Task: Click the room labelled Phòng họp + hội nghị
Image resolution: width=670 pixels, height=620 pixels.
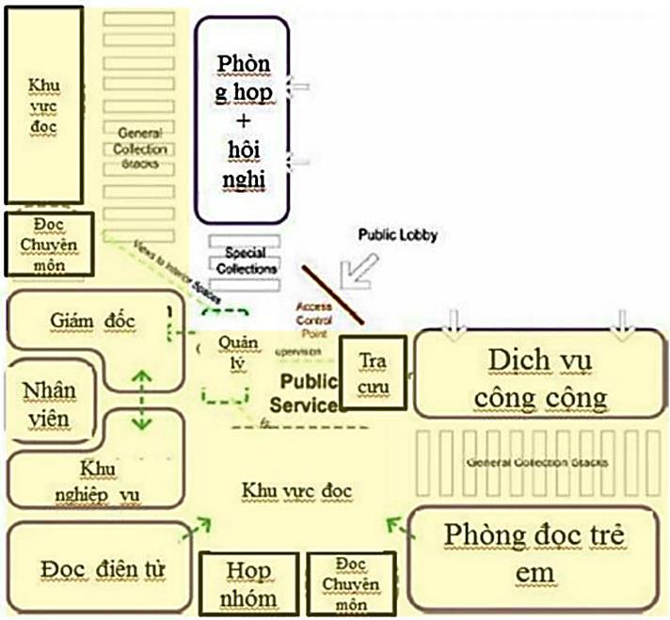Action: tap(242, 119)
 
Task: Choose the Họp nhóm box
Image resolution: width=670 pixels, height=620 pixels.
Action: tap(248, 583)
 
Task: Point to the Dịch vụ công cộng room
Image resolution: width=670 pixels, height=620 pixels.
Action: tap(539, 376)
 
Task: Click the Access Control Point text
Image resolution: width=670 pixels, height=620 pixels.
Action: tap(316, 320)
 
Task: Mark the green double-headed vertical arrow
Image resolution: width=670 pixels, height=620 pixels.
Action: tap(142, 400)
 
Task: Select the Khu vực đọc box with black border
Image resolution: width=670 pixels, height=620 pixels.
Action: tap(42, 104)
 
